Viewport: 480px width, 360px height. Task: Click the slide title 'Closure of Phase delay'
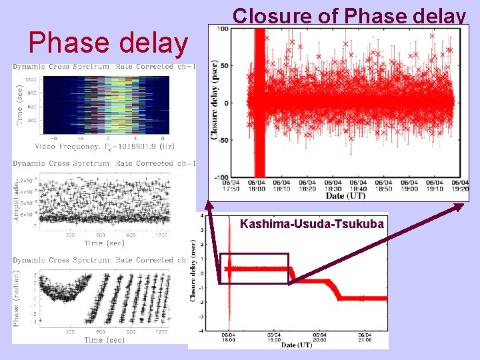[x=349, y=15]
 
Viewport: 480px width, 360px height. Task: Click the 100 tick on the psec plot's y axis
[x=238, y=29]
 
